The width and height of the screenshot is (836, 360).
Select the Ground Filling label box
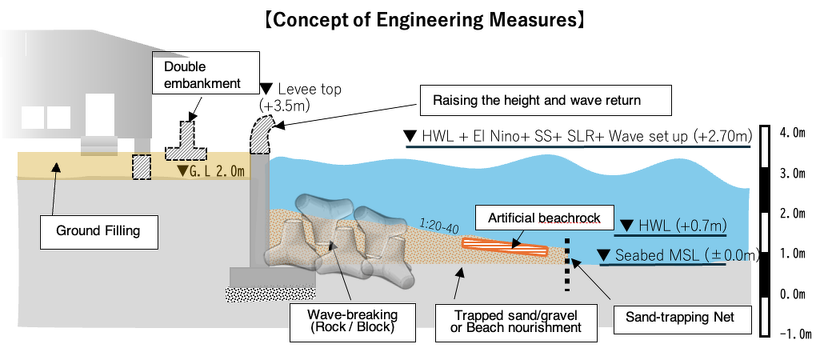[x=98, y=231]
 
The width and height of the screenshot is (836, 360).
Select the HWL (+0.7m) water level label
[x=671, y=226]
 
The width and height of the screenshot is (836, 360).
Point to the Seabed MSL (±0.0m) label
[x=679, y=256]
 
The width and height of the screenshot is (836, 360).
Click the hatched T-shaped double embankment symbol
[x=188, y=142]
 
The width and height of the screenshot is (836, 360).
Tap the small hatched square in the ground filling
[x=142, y=166]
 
